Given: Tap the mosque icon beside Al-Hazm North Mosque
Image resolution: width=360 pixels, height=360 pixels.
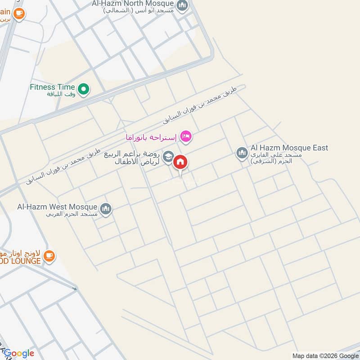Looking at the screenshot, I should pyautogui.click(x=182, y=5).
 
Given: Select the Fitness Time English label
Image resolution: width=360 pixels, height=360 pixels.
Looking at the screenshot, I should pyautogui.click(x=52, y=87).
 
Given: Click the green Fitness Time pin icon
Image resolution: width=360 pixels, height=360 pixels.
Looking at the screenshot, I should pyautogui.click(x=83, y=90).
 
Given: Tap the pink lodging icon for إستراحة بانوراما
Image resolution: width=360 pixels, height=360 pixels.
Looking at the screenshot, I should pyautogui.click(x=185, y=136).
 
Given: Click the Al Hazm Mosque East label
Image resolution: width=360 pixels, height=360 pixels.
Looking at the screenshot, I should pyautogui.click(x=289, y=148).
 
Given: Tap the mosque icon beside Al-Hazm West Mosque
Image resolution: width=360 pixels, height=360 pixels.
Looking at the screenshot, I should pyautogui.click(x=106, y=209).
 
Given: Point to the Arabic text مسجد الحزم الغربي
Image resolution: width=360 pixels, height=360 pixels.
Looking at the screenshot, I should pyautogui.click(x=72, y=215).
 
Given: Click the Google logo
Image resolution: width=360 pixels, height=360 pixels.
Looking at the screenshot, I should pyautogui.click(x=19, y=353).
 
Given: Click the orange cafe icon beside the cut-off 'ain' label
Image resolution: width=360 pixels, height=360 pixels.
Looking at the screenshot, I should pyautogui.click(x=19, y=14).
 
